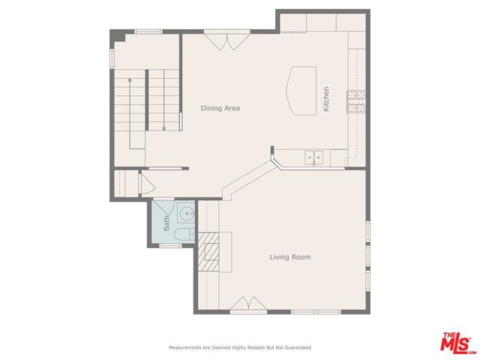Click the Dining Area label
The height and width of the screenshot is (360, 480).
coord(220,108)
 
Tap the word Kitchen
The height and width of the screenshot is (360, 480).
coord(326,99)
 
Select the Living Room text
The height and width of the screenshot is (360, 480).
coord(289,257)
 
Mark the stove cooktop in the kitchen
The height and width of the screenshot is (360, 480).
coord(355,101)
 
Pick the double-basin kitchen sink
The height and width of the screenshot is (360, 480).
coord(313,157)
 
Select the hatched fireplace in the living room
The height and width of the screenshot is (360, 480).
coord(208,252)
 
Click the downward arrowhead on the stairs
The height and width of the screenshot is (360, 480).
coord(163,127)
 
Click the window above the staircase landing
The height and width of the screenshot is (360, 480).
coord(148,31)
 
